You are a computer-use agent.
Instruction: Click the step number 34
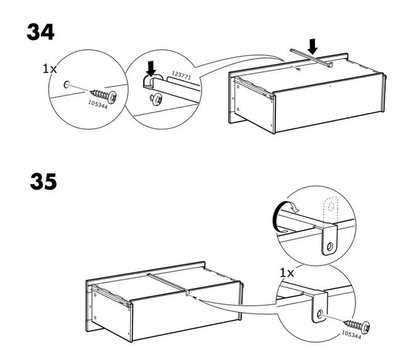tap(40, 32)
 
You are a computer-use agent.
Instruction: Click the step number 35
tap(43, 182)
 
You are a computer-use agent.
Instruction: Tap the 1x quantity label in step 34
tap(49, 69)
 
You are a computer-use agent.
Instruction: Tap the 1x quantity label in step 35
tap(287, 273)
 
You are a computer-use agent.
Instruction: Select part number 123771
tap(181, 75)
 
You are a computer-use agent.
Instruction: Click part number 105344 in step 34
tap(98, 104)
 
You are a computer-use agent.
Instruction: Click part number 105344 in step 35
tap(351, 335)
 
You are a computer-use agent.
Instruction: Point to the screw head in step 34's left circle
tap(112, 97)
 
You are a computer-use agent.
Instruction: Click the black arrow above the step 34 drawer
tap(312, 46)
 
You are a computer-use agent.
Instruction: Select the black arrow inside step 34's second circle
tap(151, 69)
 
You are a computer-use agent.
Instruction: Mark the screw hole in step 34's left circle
tap(66, 85)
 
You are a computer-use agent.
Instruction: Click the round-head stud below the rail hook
tap(156, 99)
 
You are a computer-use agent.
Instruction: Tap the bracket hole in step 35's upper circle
tap(330, 247)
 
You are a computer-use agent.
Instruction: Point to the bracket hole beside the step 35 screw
tap(320, 314)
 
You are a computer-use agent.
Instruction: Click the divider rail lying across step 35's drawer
tap(168, 283)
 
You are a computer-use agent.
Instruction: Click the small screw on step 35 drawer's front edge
tap(194, 298)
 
